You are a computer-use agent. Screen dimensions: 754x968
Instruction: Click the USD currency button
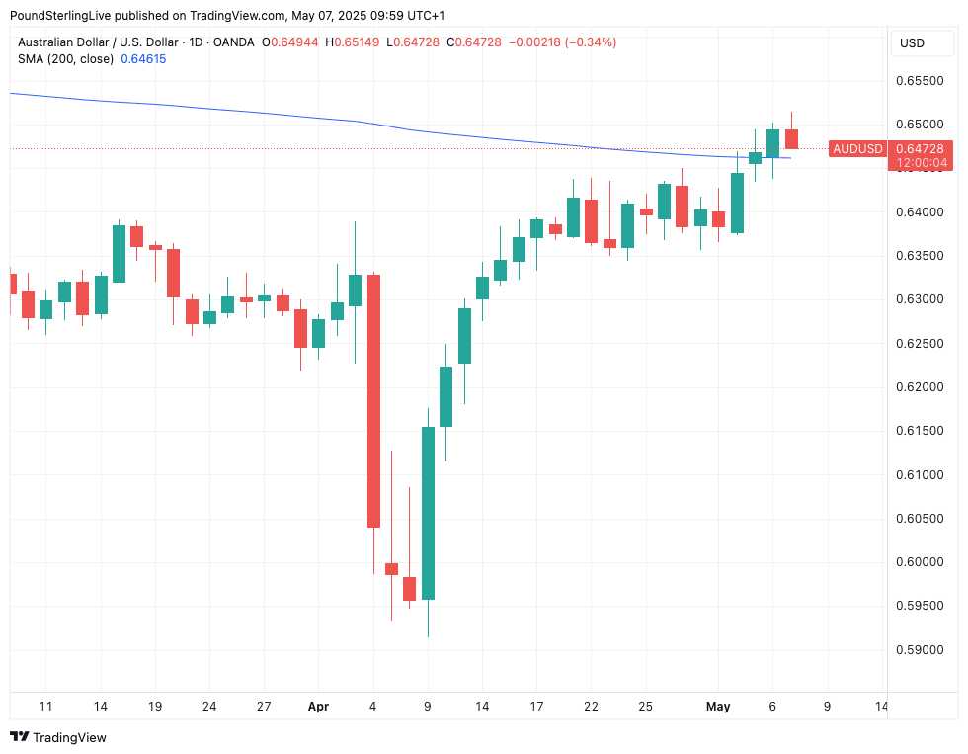tap(912, 43)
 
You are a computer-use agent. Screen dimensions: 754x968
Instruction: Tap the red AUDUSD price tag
tap(857, 149)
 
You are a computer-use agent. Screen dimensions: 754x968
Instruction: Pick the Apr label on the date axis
tap(318, 707)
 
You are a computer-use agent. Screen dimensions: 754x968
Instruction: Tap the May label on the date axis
tap(718, 707)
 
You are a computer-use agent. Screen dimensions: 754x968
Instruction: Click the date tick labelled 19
tap(154, 707)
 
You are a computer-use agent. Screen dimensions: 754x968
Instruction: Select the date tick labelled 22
tap(591, 707)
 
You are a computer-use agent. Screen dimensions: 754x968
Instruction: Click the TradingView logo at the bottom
tap(58, 737)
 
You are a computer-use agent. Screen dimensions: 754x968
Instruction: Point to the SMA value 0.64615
tap(143, 59)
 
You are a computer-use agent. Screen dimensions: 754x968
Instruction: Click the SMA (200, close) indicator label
tap(65, 59)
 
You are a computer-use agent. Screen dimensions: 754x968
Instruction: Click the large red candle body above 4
tap(373, 400)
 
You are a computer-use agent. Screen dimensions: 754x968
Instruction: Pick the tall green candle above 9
tap(428, 513)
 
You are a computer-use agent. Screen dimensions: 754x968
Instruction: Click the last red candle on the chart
tap(791, 139)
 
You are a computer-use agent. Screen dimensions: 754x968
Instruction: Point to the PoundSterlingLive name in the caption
tap(65, 16)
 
